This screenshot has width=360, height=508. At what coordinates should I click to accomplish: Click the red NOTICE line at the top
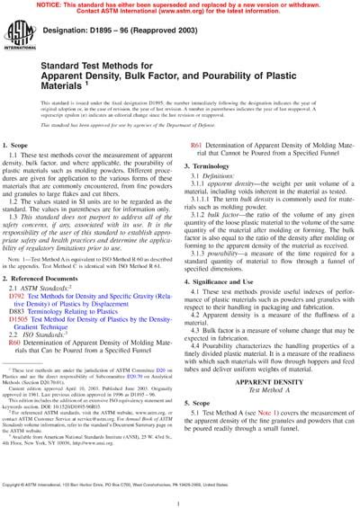(x=180, y=4)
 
